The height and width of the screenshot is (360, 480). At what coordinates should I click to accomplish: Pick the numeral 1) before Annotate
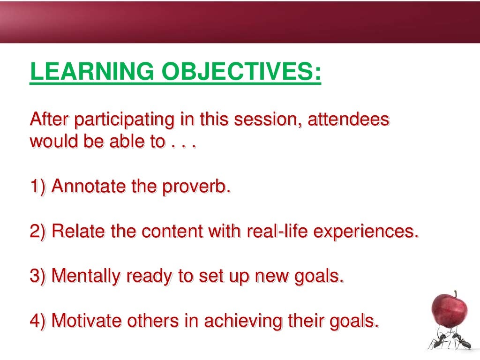[x=38, y=187]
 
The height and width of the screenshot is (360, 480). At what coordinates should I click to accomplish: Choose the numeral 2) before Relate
[x=38, y=231]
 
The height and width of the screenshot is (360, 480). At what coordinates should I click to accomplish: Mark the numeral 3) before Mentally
[x=38, y=276]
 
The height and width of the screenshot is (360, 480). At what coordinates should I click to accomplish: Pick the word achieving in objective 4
[x=244, y=322]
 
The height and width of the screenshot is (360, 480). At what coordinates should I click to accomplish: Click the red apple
[x=449, y=310]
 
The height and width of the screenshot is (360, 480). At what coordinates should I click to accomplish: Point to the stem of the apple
[x=454, y=294]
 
